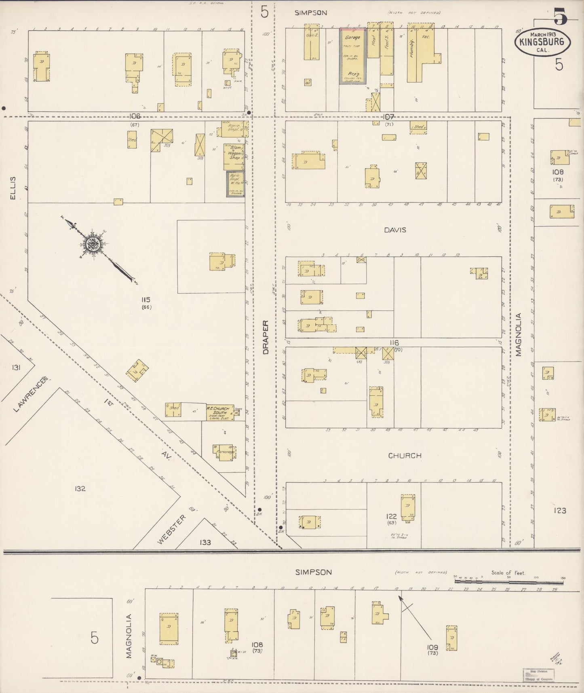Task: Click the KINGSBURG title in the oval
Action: click(x=542, y=42)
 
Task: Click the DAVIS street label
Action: click(x=395, y=230)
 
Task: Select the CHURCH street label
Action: click(x=405, y=455)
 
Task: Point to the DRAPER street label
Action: click(x=266, y=338)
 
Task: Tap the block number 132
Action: click(x=80, y=488)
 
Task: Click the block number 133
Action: click(x=205, y=542)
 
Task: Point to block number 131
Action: click(x=16, y=367)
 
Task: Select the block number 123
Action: click(x=560, y=511)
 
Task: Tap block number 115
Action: click(x=146, y=300)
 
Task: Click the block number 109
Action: click(x=432, y=647)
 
